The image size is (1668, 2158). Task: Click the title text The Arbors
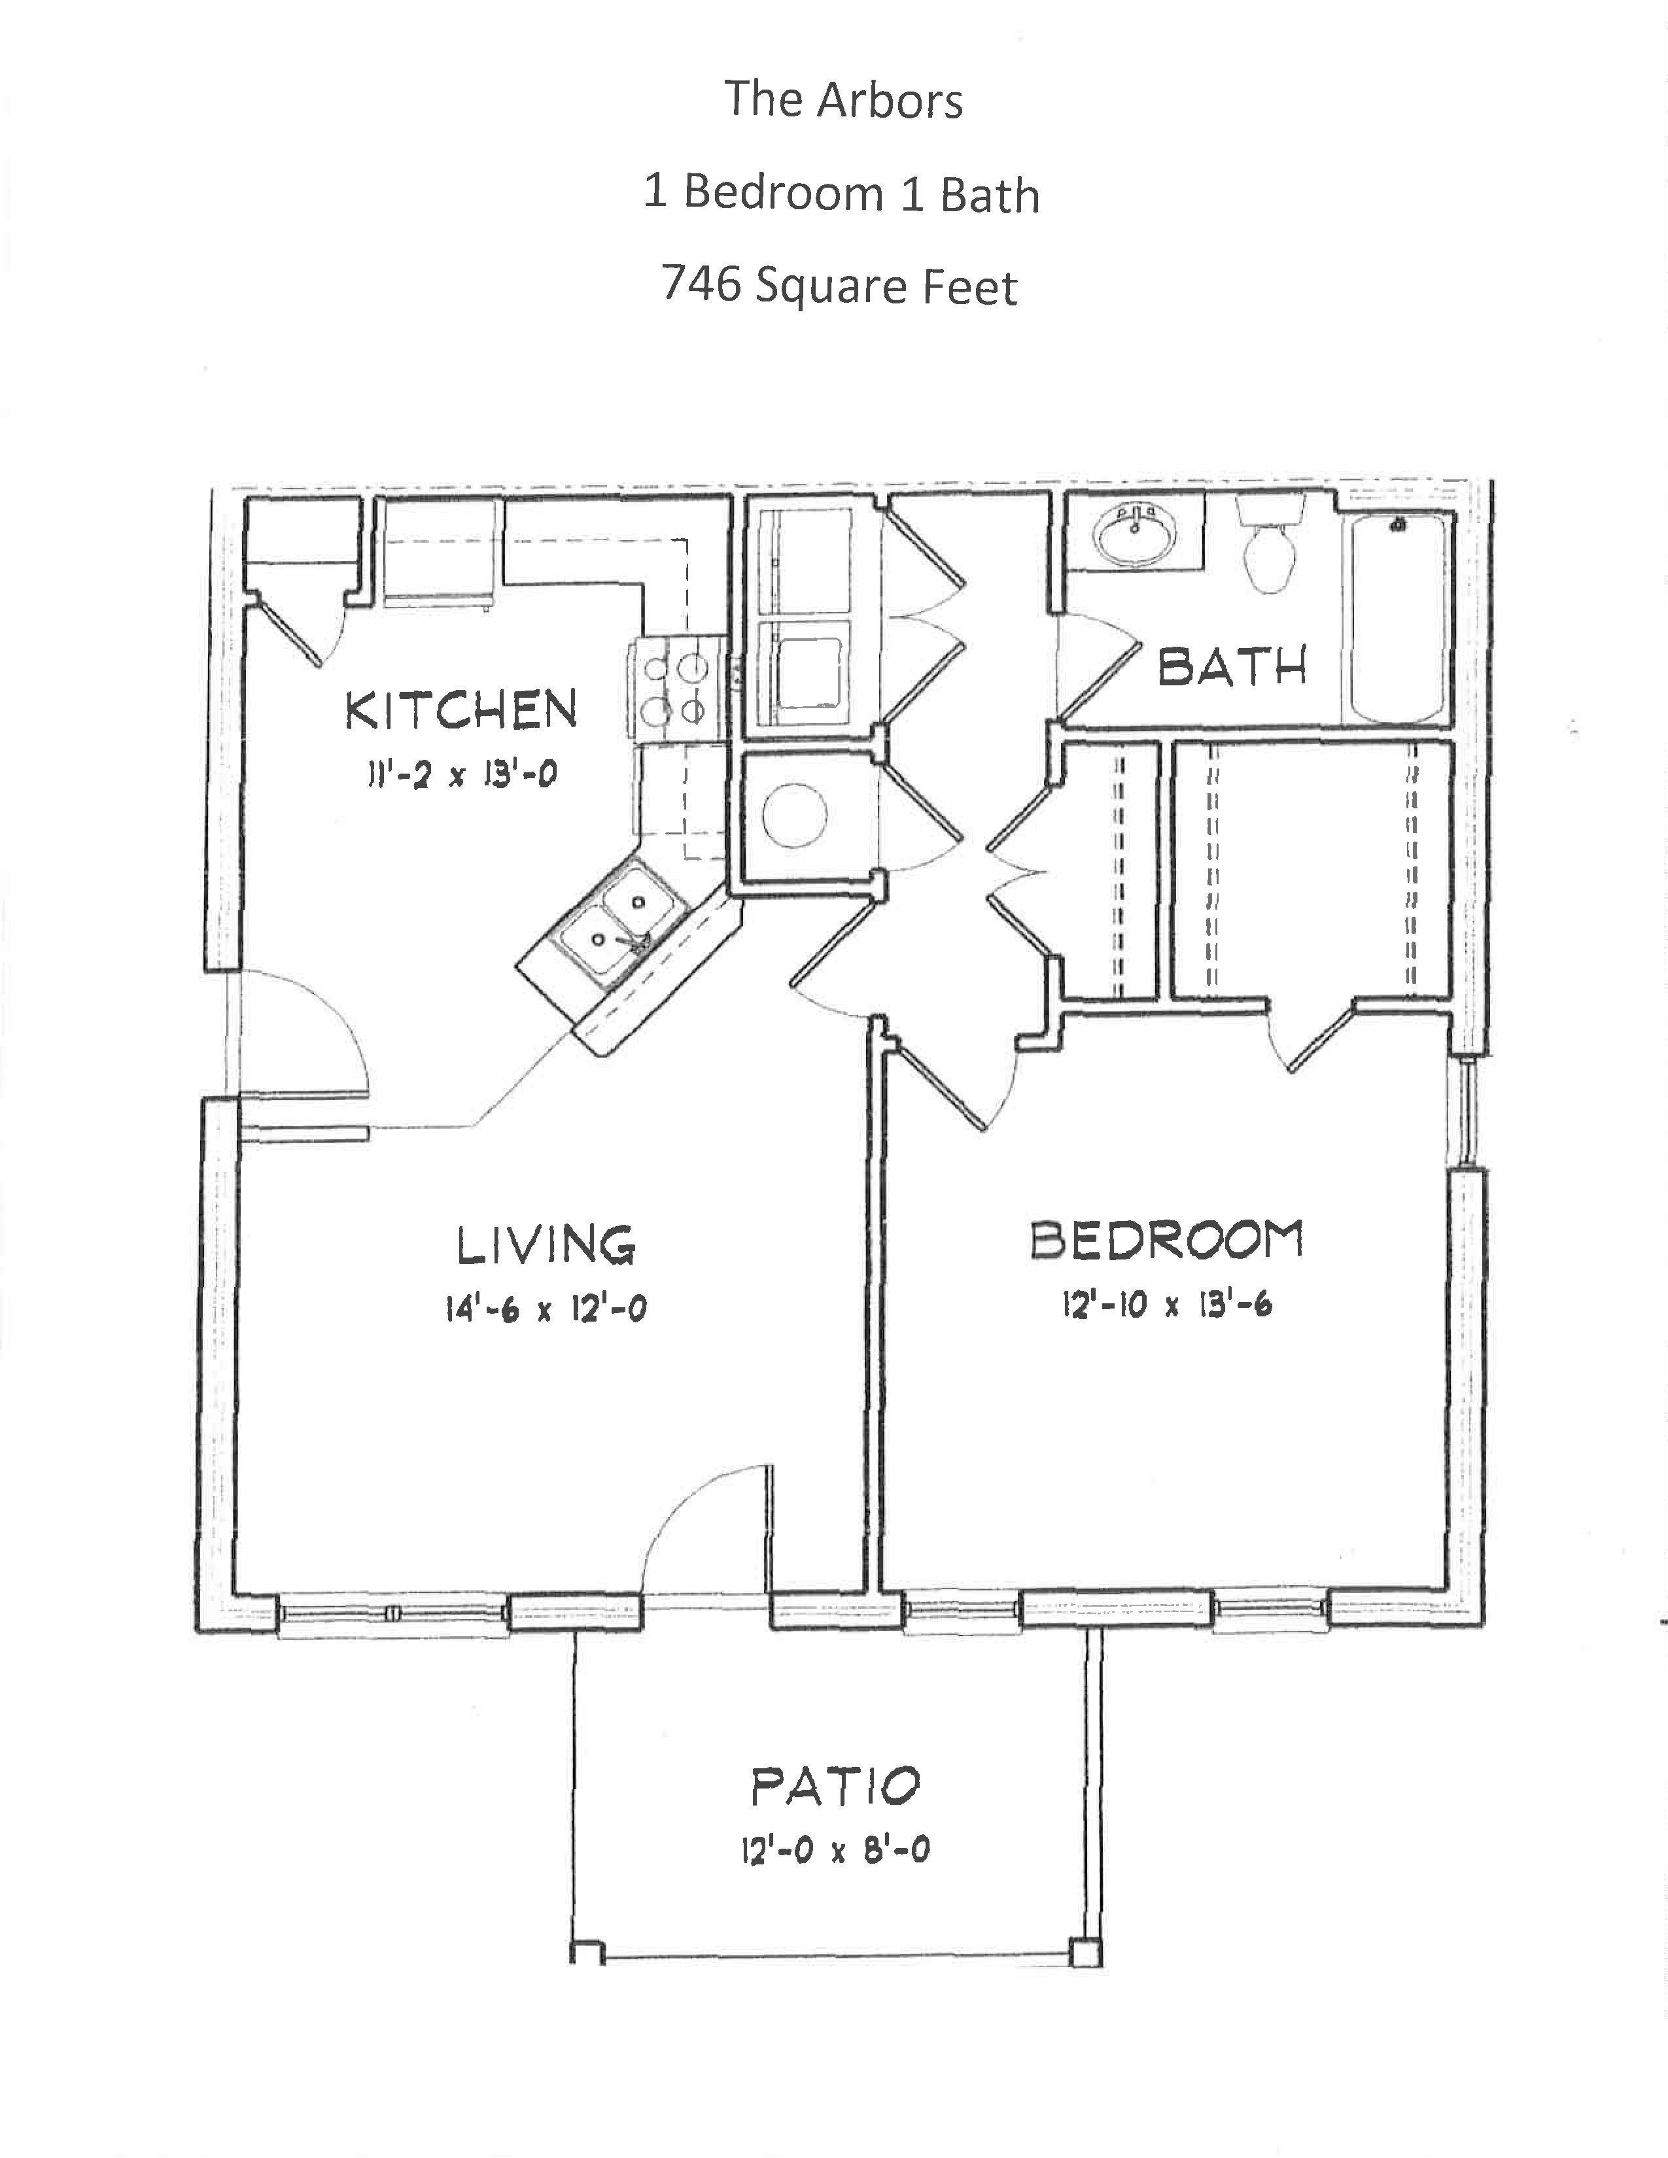point(843,100)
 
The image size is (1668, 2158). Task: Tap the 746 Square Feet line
point(839,286)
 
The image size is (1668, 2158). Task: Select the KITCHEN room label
point(461,710)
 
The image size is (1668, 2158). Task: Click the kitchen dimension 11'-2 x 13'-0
point(461,774)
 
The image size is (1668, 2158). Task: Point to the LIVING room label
point(546,1245)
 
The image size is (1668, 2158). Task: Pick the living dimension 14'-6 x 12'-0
point(546,1310)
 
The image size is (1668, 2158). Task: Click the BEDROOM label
point(1167,1240)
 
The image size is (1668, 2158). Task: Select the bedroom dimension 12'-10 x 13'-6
point(1167,1305)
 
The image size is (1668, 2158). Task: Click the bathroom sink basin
point(1134,534)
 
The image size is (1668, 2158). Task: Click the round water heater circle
point(795,815)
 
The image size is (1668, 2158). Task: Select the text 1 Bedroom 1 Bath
point(841,194)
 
